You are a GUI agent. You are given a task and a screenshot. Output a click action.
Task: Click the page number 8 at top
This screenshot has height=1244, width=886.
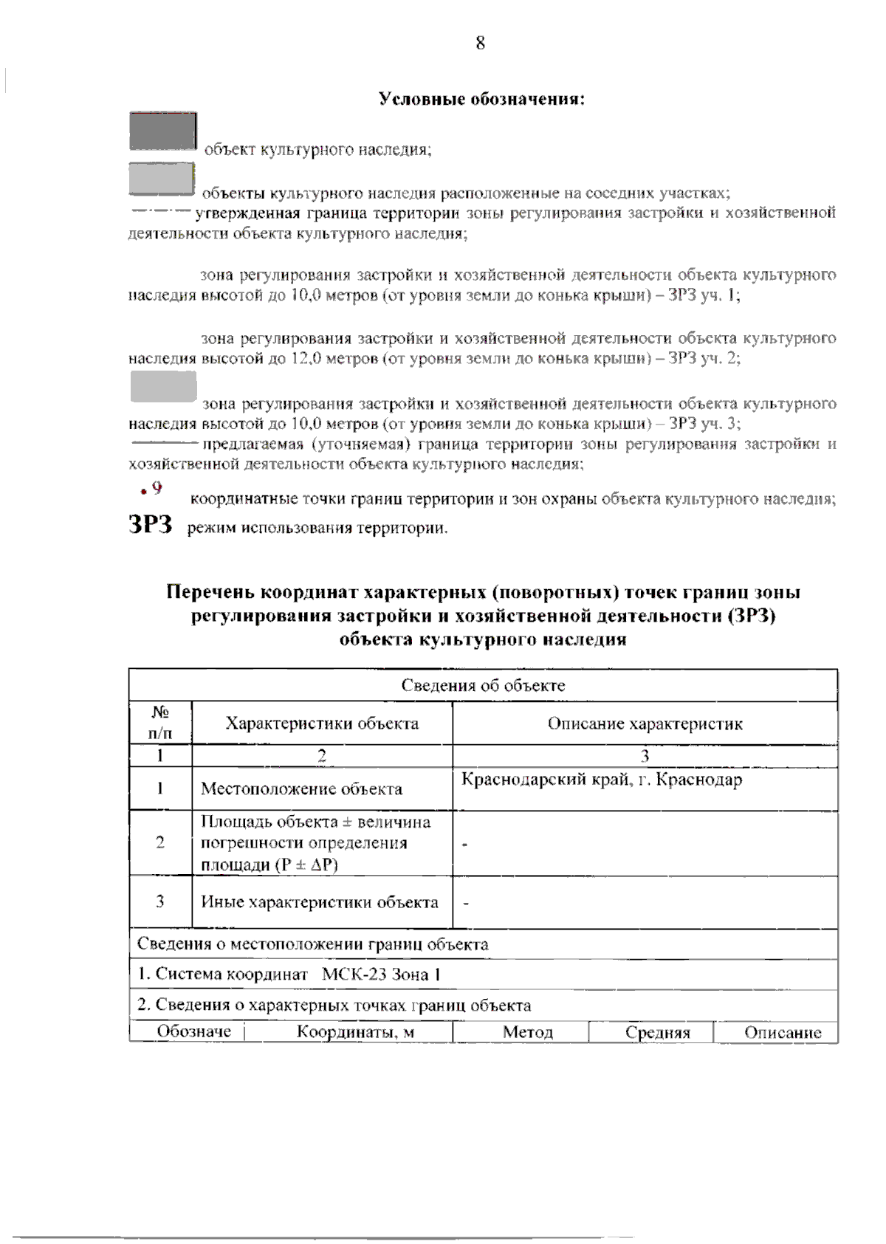pyautogui.click(x=480, y=43)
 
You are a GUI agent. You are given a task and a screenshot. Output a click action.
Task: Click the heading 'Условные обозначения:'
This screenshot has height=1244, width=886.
pyautogui.click(x=481, y=99)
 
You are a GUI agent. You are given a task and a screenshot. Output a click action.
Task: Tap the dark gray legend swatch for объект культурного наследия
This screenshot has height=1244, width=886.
pyautogui.click(x=163, y=131)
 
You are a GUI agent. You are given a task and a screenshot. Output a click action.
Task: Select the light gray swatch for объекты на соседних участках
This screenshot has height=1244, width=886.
pyautogui.click(x=162, y=179)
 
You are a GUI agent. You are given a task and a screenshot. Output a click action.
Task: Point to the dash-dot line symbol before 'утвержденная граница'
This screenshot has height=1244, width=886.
pyautogui.click(x=160, y=211)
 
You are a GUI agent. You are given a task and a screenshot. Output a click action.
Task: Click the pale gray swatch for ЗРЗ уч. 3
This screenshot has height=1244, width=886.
pyautogui.click(x=163, y=387)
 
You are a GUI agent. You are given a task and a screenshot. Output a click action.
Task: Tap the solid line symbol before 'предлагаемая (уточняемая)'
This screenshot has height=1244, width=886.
pyautogui.click(x=164, y=443)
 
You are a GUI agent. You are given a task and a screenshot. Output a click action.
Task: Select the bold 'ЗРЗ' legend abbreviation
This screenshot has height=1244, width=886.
pyautogui.click(x=151, y=525)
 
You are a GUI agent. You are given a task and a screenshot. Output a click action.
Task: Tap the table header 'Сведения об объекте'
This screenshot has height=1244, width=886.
pyautogui.click(x=483, y=685)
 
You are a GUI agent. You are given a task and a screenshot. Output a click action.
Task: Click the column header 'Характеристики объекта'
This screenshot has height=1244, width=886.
pyautogui.click(x=322, y=724)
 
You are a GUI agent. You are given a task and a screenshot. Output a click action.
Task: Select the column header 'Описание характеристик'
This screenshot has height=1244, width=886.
pyautogui.click(x=645, y=724)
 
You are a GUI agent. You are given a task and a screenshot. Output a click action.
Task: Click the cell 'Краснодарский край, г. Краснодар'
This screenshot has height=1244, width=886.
pyautogui.click(x=602, y=780)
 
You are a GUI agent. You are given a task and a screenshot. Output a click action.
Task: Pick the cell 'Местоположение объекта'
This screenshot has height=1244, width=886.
pyautogui.click(x=301, y=789)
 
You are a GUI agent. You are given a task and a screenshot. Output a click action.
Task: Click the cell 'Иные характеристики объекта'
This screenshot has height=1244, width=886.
pyautogui.click(x=319, y=902)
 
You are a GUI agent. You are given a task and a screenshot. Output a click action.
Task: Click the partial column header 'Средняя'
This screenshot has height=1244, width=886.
pyautogui.click(x=657, y=1033)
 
